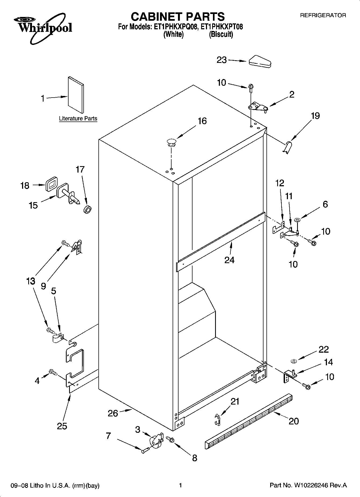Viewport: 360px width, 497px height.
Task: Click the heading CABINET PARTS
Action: pos(177,17)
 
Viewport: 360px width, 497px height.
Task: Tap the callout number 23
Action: pos(222,60)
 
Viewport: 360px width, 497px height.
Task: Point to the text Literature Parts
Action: pos(78,119)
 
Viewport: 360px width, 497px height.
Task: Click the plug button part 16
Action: pos(171,142)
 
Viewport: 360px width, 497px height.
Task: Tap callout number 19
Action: pos(315,116)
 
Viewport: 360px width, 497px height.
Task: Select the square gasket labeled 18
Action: pos(51,184)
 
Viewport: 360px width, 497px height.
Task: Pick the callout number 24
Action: pos(229,260)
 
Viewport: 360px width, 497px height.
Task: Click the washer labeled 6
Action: pos(297,220)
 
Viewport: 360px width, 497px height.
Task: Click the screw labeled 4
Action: pos(52,373)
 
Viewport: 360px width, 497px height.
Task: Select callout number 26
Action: pos(113,413)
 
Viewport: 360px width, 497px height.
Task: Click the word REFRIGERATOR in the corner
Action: pos(323,16)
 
